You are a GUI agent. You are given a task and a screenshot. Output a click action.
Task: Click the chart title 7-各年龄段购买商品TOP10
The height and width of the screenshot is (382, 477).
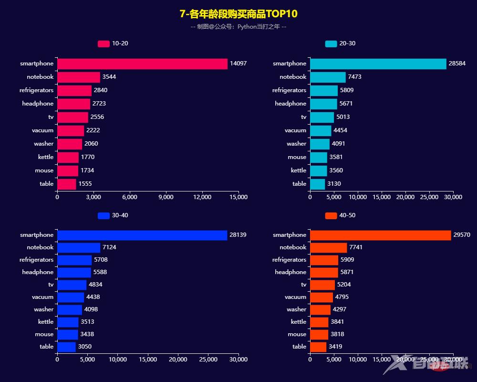[x=238, y=14]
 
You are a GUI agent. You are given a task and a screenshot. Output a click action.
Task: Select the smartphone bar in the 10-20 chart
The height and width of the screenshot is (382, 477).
[x=142, y=64]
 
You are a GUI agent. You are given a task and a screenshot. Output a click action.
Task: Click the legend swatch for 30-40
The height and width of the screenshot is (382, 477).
[x=104, y=216]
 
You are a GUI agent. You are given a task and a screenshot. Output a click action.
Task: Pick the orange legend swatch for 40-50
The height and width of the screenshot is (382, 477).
[x=331, y=216]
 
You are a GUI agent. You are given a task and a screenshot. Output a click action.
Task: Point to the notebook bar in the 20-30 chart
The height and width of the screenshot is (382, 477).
[x=328, y=77]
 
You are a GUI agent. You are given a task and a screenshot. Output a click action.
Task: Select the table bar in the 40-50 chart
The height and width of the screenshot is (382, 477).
[x=318, y=347]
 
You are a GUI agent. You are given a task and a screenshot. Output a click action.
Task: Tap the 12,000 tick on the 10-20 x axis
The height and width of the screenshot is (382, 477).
[x=202, y=197]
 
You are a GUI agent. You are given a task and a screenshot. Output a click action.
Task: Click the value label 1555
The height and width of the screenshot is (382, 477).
[x=85, y=184]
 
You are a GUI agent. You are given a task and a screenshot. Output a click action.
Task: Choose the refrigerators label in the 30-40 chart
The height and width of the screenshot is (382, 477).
[x=36, y=260]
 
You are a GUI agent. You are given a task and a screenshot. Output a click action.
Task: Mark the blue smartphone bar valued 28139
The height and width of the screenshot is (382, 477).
[x=142, y=235]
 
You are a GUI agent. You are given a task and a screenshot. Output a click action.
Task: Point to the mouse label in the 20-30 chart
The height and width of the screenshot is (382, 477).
[x=297, y=157]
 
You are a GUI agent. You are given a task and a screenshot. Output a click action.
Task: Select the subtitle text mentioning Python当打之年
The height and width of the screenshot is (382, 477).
[x=238, y=27]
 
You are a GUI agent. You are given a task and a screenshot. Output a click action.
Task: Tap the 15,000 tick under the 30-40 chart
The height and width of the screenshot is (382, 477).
[x=148, y=360]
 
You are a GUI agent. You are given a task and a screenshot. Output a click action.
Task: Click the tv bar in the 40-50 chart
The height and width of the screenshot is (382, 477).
[x=322, y=285]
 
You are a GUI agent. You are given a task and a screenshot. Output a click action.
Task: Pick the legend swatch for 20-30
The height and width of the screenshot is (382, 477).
[x=331, y=44]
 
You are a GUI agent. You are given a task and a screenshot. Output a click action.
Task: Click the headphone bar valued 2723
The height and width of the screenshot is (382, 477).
[x=73, y=104]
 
